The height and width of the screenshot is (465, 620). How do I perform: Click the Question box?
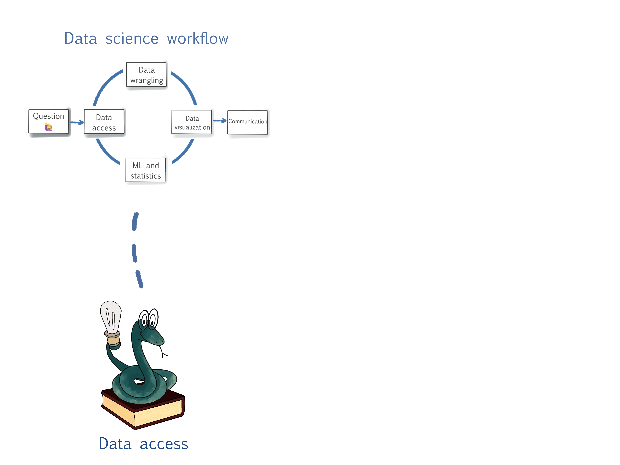(x=49, y=121)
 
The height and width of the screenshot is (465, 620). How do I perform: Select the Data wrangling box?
(x=146, y=75)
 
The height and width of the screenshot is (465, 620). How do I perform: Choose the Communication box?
(x=248, y=122)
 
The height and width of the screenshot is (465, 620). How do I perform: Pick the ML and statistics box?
(x=146, y=170)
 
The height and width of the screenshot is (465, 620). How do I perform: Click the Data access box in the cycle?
(x=104, y=122)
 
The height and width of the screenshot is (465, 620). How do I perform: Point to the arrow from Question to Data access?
(x=77, y=122)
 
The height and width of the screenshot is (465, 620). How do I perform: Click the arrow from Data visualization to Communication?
(x=220, y=121)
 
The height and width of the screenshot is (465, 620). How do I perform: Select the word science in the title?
(x=132, y=39)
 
